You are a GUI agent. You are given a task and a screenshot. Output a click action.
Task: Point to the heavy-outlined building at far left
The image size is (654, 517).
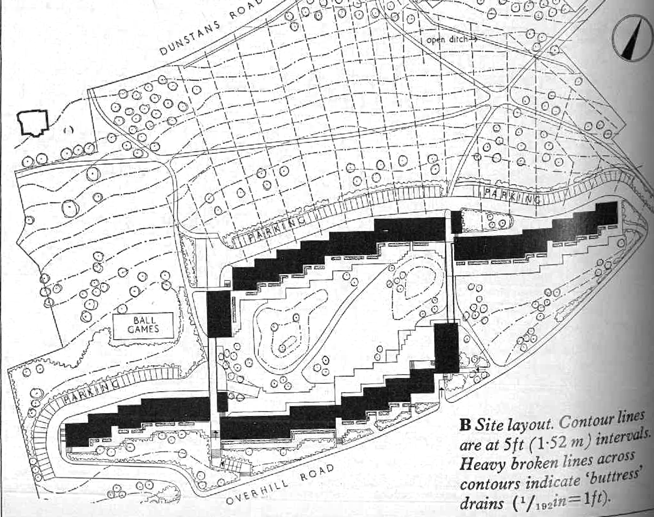pos(32,122)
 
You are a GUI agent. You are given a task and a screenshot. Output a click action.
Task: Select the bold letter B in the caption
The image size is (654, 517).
pos(465,425)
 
